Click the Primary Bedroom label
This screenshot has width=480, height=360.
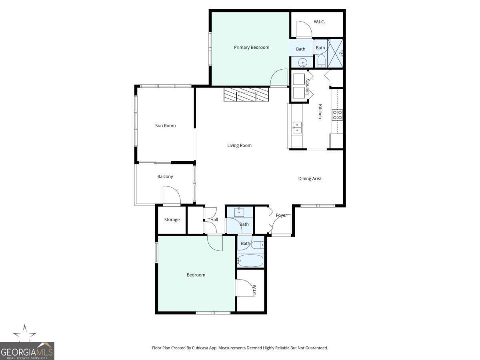(x=251, y=47)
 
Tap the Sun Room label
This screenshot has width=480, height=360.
(x=165, y=126)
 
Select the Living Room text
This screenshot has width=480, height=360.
(x=239, y=146)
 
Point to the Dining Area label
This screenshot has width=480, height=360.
(x=310, y=178)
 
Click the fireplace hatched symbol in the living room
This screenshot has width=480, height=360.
(x=246, y=95)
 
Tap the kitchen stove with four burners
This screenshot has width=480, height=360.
(x=337, y=115)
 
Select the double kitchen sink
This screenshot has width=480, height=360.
(x=297, y=128)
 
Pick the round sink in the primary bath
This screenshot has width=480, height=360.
(x=303, y=62)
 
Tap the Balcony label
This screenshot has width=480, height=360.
(x=165, y=176)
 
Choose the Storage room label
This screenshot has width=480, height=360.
(x=172, y=220)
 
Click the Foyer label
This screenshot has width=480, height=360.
(x=281, y=215)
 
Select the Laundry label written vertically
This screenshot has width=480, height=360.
(x=307, y=86)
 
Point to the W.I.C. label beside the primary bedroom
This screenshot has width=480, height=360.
(x=319, y=22)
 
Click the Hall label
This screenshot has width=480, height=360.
(x=214, y=220)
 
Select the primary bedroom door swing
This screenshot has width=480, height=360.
(x=279, y=78)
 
